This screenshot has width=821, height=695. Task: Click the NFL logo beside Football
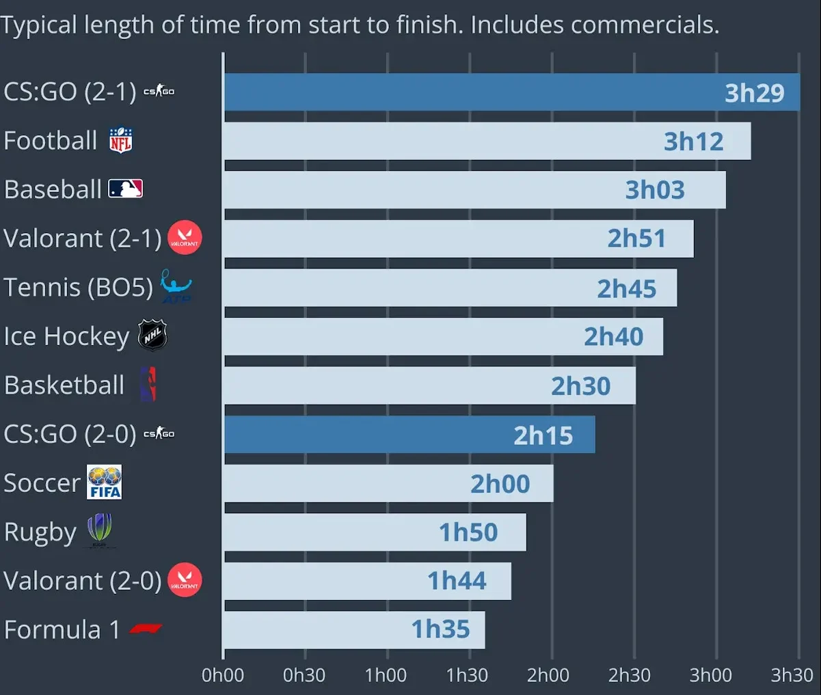(121, 140)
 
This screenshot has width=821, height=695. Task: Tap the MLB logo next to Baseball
(126, 189)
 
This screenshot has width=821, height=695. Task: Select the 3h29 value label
(754, 93)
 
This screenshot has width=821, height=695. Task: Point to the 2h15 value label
(543, 435)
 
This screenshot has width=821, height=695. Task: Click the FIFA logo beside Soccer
(105, 482)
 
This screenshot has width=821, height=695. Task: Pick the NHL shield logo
(152, 336)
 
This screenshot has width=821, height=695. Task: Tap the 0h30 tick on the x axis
(304, 675)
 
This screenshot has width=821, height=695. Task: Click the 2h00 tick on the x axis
(548, 675)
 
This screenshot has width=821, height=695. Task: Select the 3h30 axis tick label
(792, 675)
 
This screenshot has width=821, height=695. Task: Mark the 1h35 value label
(440, 629)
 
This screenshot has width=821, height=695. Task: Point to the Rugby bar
(375, 532)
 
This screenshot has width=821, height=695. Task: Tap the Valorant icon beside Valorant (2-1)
(185, 238)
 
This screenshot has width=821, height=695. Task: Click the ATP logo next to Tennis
(176, 286)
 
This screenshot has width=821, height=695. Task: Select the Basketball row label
(64, 385)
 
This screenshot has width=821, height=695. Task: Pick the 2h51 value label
(636, 239)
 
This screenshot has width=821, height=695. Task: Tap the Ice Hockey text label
(66, 336)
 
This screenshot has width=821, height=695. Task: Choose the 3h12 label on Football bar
(693, 141)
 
